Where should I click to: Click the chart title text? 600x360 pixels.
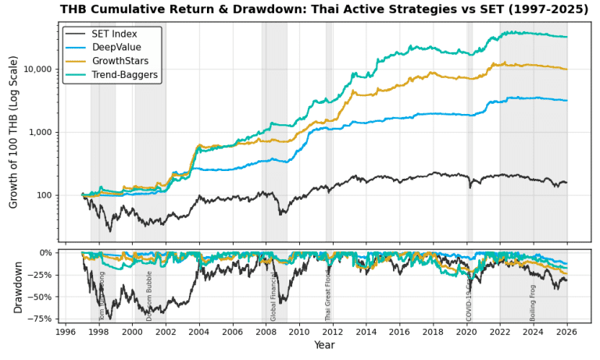tap(324, 9)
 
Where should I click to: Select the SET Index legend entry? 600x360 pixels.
tap(114, 34)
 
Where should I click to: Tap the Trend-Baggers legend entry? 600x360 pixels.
tap(125, 75)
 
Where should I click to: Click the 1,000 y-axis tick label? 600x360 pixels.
tap(40, 132)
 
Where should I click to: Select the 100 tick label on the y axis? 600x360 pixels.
tap(44, 195)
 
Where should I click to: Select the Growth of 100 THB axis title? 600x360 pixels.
tap(13, 131)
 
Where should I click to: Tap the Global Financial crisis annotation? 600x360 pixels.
tap(273, 297)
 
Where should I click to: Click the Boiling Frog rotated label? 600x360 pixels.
tap(533, 302)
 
